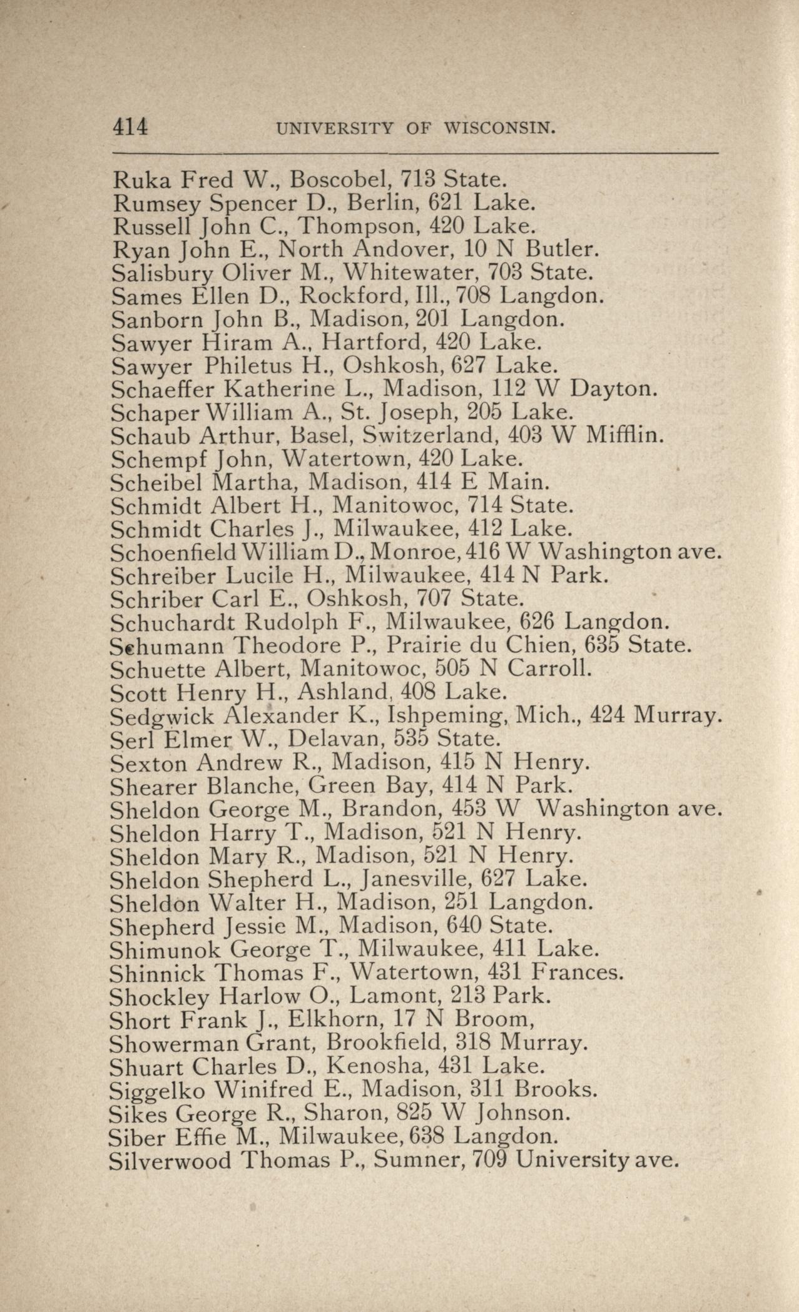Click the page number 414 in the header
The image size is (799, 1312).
pos(130,128)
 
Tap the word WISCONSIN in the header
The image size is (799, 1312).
pos(499,129)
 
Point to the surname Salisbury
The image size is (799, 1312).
pos(162,273)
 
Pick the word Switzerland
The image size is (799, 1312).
pos(421,435)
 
